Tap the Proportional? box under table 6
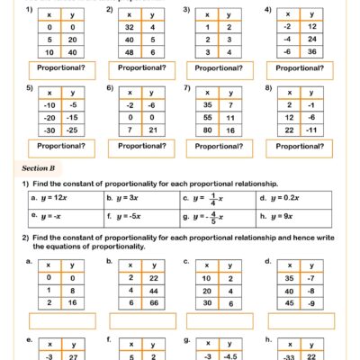tap(131, 146)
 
